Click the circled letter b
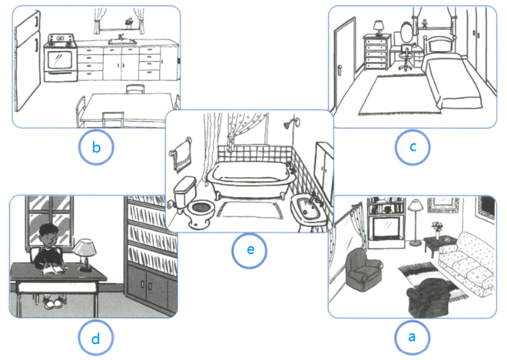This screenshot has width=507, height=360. click(x=96, y=147)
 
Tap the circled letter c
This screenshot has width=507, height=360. click(x=413, y=146)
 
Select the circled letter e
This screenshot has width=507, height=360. click(x=250, y=250)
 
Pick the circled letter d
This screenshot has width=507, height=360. click(x=96, y=338)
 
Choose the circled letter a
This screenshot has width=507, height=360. click(x=412, y=337)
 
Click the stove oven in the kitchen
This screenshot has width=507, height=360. click(x=60, y=58)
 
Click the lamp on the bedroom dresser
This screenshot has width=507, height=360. click(x=378, y=28)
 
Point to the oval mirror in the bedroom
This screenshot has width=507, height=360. click(x=406, y=32)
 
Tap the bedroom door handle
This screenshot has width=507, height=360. click(x=339, y=71)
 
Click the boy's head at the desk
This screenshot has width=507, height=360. click(x=48, y=234)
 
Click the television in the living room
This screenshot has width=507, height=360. click(x=386, y=228)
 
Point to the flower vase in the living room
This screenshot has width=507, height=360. click(x=437, y=230)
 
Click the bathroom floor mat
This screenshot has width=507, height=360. click(x=250, y=210)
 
